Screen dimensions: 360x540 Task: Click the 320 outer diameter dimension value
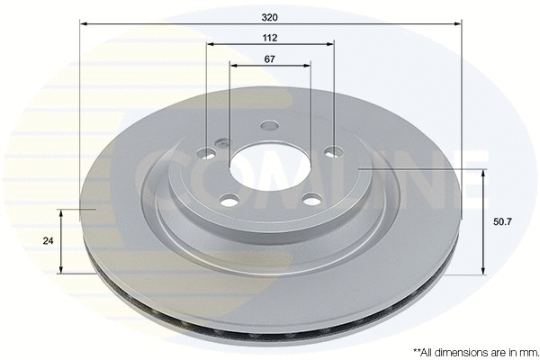(x=270, y=15)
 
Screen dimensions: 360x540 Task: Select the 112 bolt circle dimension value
(x=270, y=37)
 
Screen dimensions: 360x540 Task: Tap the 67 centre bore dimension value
(x=270, y=58)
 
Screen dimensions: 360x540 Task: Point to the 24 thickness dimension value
(x=49, y=241)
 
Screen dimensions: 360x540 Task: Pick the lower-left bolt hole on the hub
(x=228, y=198)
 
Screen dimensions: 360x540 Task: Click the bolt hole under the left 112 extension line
(x=207, y=153)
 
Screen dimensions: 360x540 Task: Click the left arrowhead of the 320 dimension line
(x=84, y=24)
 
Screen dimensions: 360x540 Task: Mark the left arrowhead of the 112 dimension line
(x=211, y=43)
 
